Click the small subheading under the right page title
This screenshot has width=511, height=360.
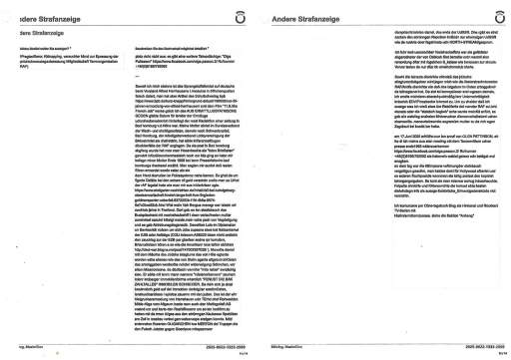298,34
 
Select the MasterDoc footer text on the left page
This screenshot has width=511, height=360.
30,344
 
